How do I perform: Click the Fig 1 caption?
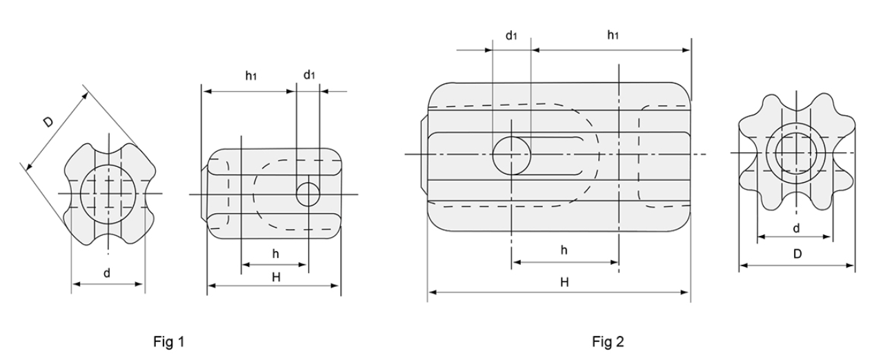tap(168, 341)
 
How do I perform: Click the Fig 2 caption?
tap(608, 341)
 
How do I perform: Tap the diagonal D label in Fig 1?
tap(48, 122)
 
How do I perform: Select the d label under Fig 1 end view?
tap(107, 273)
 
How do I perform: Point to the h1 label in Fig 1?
tap(251, 75)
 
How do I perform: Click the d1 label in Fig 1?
tap(309, 74)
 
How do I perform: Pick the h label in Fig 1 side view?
tap(276, 254)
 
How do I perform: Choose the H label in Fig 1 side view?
tap(276, 277)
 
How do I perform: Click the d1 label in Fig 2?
tap(511, 35)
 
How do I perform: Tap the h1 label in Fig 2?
tap(613, 35)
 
